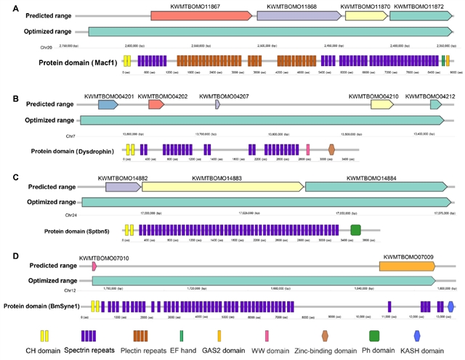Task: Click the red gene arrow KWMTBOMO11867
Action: pos(201,15)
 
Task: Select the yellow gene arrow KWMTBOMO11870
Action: pos(365,15)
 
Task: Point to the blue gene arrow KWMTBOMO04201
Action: pos(108,105)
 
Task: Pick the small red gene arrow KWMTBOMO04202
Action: pos(155,105)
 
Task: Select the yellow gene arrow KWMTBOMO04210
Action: pos(382,105)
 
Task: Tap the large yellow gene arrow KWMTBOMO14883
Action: pos(222,187)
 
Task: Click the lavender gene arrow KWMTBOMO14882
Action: pos(123,187)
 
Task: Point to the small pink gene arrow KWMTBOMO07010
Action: pos(94,266)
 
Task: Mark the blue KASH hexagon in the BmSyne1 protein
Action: pos(450,306)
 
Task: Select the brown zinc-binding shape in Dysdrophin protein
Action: pos(331,150)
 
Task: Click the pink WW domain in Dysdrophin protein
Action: pos(308,150)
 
